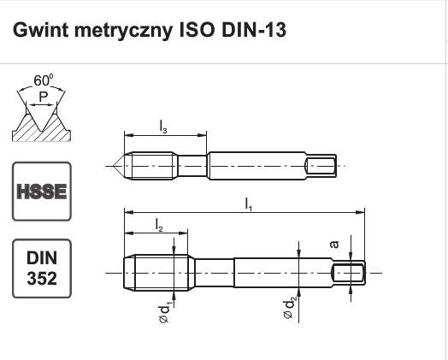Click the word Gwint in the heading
point(40,30)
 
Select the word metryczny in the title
point(123,31)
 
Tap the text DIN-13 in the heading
point(254,30)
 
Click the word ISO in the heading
point(197,30)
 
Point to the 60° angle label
point(43,80)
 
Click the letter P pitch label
point(43,97)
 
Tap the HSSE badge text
point(42,192)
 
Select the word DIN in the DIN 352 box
point(42,257)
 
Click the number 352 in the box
point(42,278)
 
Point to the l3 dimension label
point(163,127)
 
